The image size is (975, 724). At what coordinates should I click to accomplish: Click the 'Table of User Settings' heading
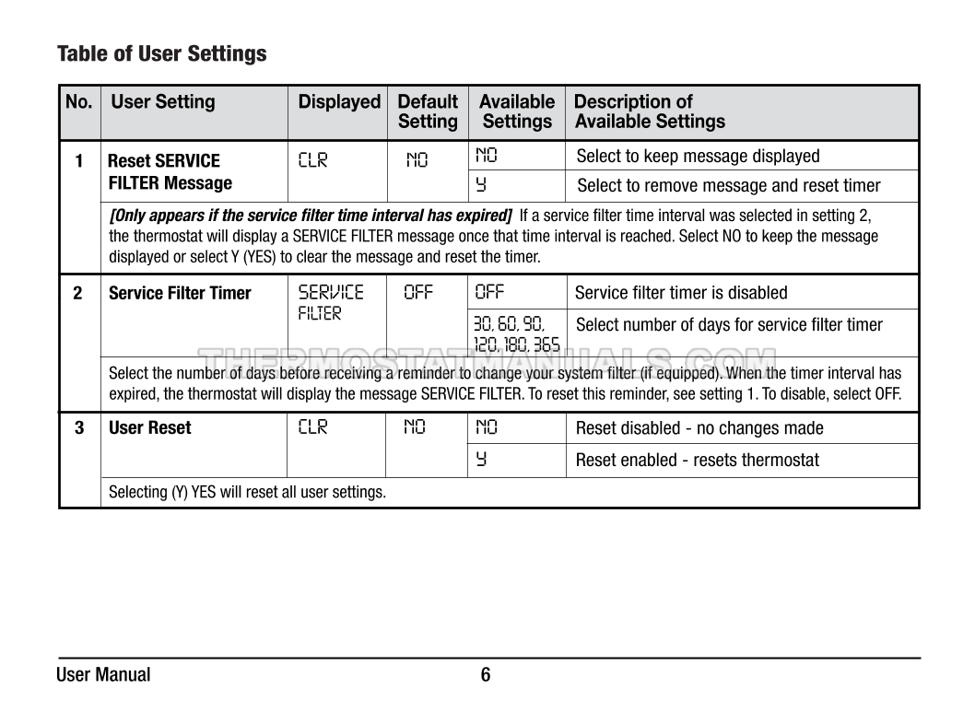[162, 54]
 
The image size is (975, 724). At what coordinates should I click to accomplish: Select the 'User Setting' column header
[163, 102]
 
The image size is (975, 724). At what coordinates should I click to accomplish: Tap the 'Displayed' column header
[339, 102]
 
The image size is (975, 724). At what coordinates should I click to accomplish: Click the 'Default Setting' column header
[428, 111]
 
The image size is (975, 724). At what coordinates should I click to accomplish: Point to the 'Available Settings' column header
[517, 111]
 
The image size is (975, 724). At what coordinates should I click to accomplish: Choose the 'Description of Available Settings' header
[649, 111]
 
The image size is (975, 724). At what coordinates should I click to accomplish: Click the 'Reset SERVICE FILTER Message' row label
[170, 172]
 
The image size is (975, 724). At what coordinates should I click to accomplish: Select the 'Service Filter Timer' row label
[180, 294]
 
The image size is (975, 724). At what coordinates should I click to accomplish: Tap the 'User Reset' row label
[150, 428]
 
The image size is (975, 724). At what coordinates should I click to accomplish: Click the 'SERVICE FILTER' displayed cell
[330, 303]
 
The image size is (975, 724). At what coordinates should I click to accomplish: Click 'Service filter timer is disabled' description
[681, 294]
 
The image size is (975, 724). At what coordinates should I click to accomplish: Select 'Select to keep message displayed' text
[698, 157]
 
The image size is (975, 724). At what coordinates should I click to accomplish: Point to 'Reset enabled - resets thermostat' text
[698, 461]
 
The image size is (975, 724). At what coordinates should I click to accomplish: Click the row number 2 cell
[78, 294]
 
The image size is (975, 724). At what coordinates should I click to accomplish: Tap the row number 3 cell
[79, 428]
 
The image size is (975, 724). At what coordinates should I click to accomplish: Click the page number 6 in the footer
[486, 675]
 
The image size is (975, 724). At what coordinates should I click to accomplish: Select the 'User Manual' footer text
[103, 675]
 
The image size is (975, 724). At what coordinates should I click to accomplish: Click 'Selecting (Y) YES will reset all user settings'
[247, 493]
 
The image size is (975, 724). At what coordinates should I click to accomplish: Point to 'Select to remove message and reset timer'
[728, 186]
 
